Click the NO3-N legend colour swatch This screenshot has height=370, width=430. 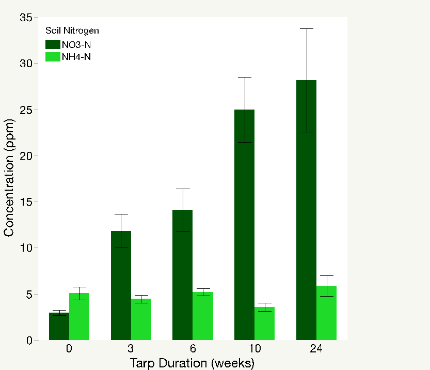pyautogui.click(x=53, y=44)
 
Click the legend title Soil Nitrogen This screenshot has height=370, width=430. pyautogui.click(x=72, y=30)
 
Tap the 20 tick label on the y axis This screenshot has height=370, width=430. pyautogui.click(x=26, y=156)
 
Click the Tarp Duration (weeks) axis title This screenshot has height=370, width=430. pyautogui.click(x=192, y=363)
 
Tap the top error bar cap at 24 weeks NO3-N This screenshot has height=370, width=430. pyautogui.click(x=306, y=28)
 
